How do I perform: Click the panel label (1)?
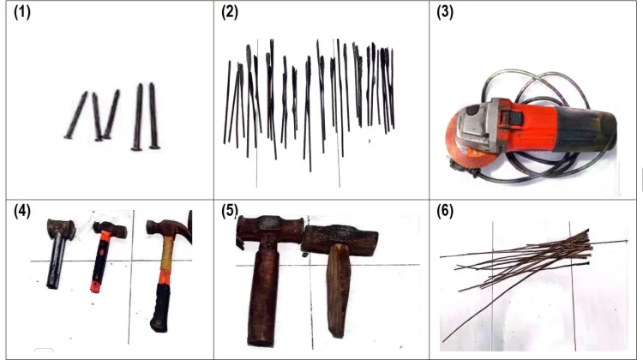22,12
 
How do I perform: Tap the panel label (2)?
230,12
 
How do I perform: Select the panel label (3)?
445,12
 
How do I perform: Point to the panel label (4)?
22,211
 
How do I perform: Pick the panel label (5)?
230,211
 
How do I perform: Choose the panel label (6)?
445,211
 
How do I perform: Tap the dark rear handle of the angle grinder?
587,129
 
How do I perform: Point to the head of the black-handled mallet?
61,229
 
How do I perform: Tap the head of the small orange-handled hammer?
110,229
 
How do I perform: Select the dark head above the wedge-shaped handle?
340,239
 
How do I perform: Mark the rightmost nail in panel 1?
153,116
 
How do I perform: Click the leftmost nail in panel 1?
75,115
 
